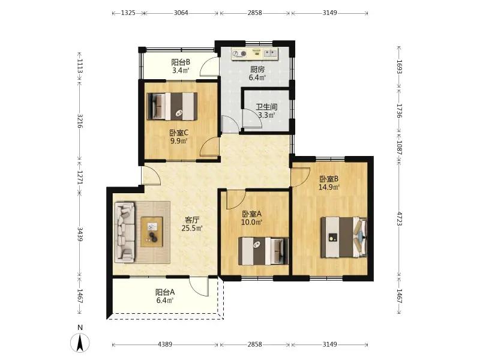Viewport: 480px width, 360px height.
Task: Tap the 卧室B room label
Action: point(329,179)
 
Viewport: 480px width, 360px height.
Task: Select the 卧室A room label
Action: point(251,214)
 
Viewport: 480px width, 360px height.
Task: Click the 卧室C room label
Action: point(179,133)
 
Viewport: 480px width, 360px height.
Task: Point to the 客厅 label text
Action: point(192,220)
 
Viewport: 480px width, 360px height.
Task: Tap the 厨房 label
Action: point(257,70)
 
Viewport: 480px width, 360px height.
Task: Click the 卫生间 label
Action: point(266,107)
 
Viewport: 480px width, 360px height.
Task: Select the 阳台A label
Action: point(165,292)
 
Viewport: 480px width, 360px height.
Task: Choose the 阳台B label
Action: point(181,62)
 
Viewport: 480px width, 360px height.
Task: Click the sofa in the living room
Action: point(125,232)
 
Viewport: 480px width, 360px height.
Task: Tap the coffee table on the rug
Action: point(152,232)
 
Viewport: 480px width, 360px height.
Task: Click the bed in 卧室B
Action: point(344,237)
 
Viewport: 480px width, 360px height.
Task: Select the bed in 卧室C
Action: point(172,106)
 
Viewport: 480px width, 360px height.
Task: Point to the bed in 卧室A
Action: point(263,251)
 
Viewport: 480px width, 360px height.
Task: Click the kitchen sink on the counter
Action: point(271,53)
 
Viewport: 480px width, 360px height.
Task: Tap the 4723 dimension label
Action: point(399,218)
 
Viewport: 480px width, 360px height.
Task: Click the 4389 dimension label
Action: point(164,344)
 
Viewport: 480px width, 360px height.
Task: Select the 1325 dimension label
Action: point(128,13)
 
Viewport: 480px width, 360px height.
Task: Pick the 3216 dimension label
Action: point(80,121)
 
